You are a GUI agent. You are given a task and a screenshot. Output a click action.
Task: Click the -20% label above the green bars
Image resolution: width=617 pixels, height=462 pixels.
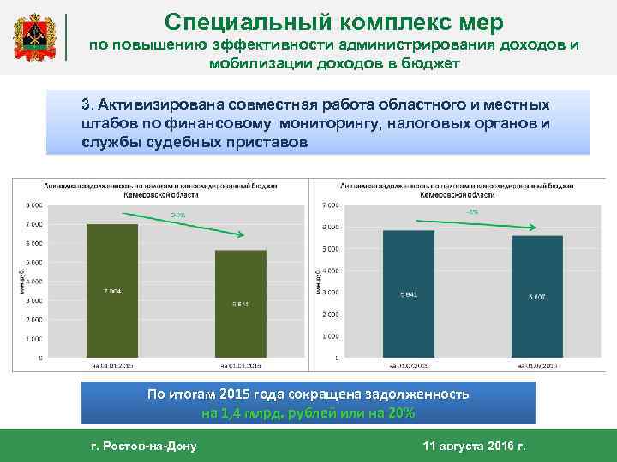[x=177, y=214]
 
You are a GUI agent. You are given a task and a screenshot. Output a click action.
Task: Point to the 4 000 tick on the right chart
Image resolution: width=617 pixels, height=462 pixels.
[x=329, y=270]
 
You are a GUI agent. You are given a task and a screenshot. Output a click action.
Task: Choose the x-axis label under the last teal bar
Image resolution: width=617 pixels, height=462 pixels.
[x=536, y=365]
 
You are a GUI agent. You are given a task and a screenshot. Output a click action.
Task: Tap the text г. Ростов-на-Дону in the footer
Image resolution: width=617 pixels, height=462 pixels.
[x=143, y=447]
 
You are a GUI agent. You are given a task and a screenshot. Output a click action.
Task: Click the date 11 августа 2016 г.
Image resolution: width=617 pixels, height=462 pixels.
[x=476, y=447]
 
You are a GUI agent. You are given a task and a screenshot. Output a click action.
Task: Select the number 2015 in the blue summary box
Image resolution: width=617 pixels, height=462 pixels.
[x=239, y=394]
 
